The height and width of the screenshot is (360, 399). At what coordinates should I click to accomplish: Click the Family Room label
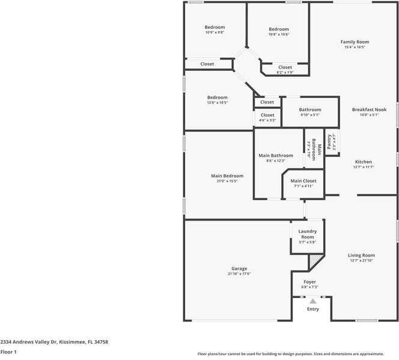(x=355, y=42)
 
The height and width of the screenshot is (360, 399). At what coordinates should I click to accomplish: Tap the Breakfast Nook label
(x=369, y=109)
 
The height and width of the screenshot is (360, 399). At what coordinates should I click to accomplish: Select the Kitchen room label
(x=363, y=162)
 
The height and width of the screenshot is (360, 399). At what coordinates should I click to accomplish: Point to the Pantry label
(x=330, y=142)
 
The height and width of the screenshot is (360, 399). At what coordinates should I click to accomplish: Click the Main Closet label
(x=303, y=181)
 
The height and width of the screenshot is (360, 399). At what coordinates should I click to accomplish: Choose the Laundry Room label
(x=307, y=234)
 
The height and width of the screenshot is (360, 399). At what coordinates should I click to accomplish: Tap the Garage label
(x=239, y=269)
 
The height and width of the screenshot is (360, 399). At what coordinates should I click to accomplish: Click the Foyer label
(x=309, y=282)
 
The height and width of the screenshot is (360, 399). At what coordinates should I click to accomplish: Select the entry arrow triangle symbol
(x=312, y=301)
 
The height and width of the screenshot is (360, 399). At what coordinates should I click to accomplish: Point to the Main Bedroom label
(x=227, y=176)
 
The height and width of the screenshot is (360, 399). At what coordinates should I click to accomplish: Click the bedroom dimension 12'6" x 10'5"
(x=217, y=103)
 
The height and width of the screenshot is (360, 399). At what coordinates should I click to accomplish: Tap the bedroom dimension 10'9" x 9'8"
(x=215, y=32)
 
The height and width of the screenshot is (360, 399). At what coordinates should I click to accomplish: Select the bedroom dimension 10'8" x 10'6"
(x=278, y=34)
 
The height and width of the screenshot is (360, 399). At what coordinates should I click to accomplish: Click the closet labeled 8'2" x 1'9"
(x=285, y=72)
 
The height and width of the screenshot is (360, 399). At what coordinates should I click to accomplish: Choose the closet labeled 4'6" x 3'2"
(x=267, y=120)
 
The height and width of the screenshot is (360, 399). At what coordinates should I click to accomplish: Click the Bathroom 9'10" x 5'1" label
(x=310, y=115)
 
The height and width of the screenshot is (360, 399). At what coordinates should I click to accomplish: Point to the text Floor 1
(x=8, y=352)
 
